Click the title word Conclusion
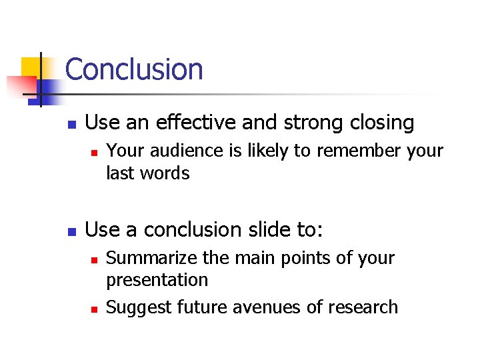134,69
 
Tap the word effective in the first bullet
195,123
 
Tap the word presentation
157,281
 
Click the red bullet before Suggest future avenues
95,309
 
